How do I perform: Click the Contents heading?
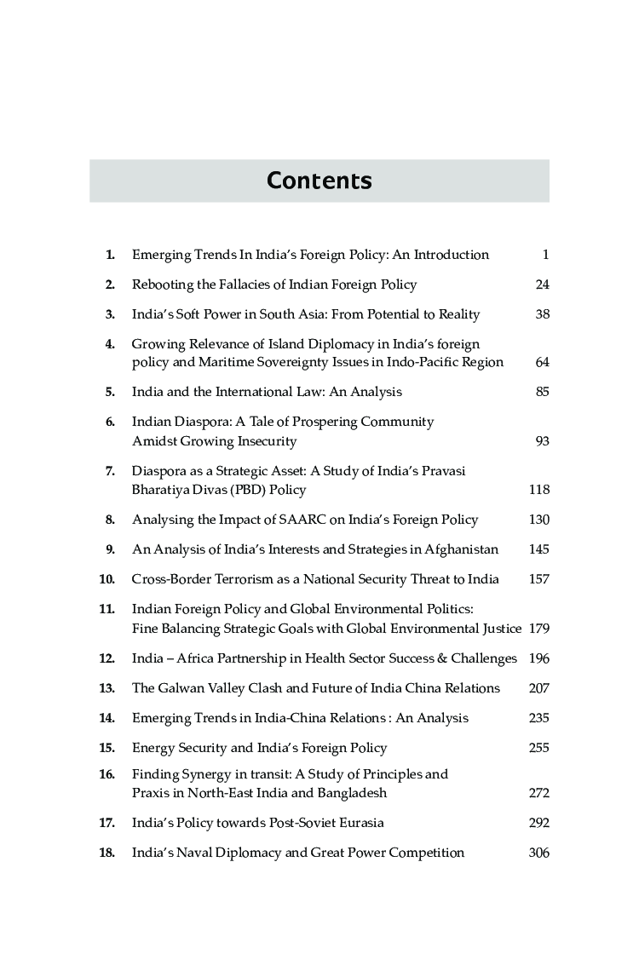(319, 181)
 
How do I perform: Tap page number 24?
(542, 284)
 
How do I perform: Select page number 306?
(538, 853)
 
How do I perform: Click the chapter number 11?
(106, 609)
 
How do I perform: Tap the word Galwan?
(180, 688)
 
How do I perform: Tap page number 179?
(538, 629)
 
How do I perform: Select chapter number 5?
(110, 392)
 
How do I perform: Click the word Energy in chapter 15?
(153, 748)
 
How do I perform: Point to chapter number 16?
(106, 774)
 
